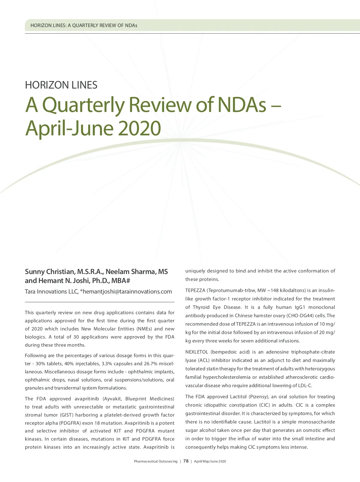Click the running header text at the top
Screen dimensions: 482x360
[x=84, y=26]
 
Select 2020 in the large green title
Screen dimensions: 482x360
[x=139, y=128]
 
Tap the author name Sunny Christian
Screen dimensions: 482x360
[x=49, y=272]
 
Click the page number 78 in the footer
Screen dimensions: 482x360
[x=186, y=461]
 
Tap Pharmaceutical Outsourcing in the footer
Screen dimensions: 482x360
[x=155, y=462]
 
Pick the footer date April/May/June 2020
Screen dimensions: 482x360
[x=210, y=462]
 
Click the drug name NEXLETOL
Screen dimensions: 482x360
[x=196, y=352]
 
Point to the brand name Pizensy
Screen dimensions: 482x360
[x=259, y=397]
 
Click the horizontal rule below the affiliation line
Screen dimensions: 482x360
[x=100, y=302]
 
